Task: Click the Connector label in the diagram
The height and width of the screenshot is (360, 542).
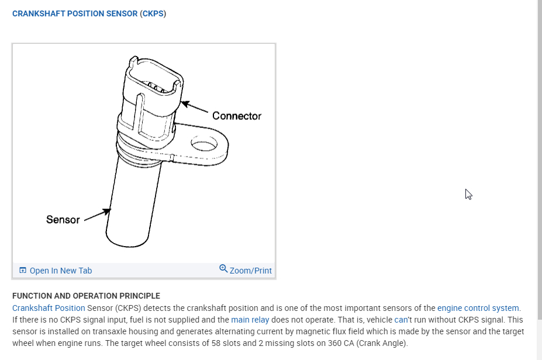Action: coord(236,116)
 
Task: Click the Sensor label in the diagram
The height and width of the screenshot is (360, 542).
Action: coord(63,220)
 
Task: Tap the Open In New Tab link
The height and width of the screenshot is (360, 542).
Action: coord(60,271)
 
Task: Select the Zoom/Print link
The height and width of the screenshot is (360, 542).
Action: coord(250,271)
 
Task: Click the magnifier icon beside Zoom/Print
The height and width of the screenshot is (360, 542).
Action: coord(223,269)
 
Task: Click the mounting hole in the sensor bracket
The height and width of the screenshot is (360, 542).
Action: coord(204,144)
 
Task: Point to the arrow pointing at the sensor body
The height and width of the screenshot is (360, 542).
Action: coord(97,216)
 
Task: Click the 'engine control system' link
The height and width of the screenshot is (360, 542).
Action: coord(478,308)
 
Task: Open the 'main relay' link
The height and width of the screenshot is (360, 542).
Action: coord(250,320)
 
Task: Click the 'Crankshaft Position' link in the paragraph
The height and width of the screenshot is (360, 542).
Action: coord(49,308)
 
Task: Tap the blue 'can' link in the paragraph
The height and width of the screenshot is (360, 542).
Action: coord(401,320)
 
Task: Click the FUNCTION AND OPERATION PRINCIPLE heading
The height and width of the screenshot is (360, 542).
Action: coord(86,296)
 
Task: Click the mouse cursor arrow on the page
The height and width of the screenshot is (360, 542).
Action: coord(468,194)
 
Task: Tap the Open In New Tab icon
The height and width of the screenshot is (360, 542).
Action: coord(23,270)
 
